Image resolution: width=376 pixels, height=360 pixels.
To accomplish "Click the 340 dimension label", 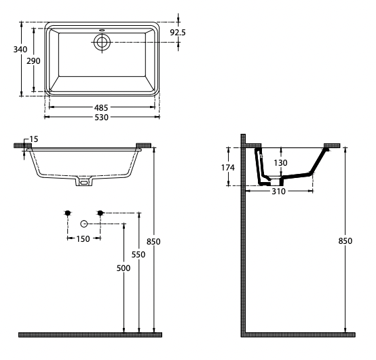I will pyautogui.click(x=10, y=49).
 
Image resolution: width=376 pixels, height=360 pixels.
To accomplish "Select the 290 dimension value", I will pyautogui.click(x=34, y=61).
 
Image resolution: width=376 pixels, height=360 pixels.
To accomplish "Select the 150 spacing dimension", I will pyautogui.click(x=83, y=238).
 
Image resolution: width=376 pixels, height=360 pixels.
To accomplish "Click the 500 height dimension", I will pyautogui.click(x=123, y=268).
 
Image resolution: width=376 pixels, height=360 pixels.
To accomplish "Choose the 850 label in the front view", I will pyautogui.click(x=155, y=241).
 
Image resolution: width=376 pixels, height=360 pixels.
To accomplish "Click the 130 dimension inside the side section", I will pyautogui.click(x=280, y=163).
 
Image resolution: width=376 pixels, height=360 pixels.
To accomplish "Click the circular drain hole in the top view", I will pyautogui.click(x=102, y=41).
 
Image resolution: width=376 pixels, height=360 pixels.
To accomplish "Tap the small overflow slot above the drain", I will pyautogui.click(x=102, y=30).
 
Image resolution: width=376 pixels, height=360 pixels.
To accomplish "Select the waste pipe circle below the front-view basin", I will pyautogui.click(x=83, y=223).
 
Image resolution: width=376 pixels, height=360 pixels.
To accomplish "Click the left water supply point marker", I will pyautogui.click(x=67, y=213).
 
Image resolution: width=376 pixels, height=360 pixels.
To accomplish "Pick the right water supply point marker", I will pyautogui.click(x=100, y=213).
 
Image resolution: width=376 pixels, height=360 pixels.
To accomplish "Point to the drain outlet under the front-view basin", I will pyautogui.click(x=83, y=182).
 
